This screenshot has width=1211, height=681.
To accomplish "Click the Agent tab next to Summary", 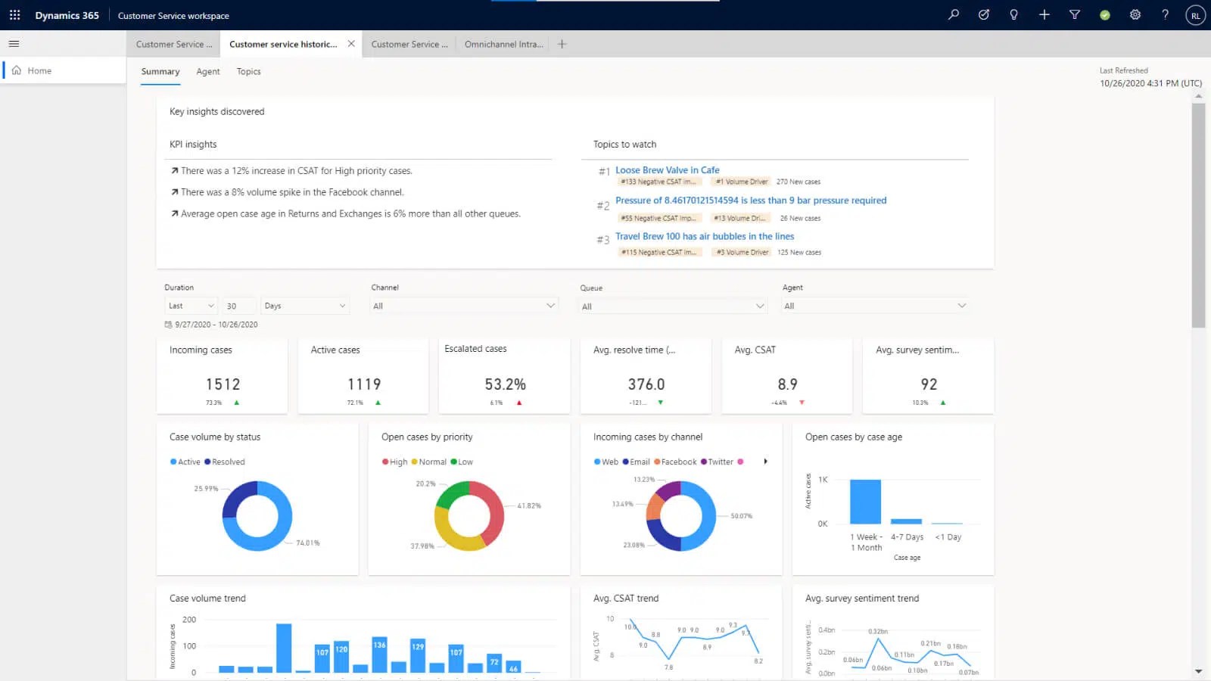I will click(207, 72).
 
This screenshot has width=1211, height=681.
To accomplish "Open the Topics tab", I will click(248, 72).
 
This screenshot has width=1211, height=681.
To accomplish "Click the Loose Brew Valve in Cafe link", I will click(667, 170).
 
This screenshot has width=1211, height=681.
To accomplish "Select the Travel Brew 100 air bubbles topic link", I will click(704, 236).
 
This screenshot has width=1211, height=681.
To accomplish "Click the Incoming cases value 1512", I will click(223, 384).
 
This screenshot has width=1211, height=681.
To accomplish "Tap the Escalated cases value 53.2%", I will click(505, 384).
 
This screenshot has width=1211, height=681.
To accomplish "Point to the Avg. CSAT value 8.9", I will click(787, 384).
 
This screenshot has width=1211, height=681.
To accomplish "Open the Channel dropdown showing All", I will click(464, 306).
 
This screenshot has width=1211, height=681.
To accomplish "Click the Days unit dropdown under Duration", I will click(304, 306).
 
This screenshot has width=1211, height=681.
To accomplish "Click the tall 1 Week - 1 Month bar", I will click(865, 501).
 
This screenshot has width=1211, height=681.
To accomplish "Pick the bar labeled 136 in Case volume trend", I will click(379, 655).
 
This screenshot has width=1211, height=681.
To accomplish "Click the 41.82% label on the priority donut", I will click(529, 505).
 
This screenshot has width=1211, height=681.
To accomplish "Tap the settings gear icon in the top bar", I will click(1135, 15).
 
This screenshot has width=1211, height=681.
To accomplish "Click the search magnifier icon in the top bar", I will click(954, 15).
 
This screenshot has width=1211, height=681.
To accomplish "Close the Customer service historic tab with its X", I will click(351, 44).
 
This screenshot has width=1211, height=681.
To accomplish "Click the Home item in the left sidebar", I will click(39, 70).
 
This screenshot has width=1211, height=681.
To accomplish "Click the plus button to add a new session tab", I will click(562, 44).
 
